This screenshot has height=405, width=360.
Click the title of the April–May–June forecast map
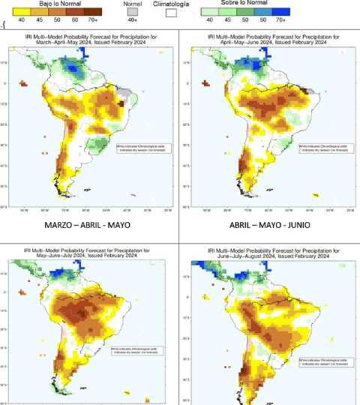(271, 37)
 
